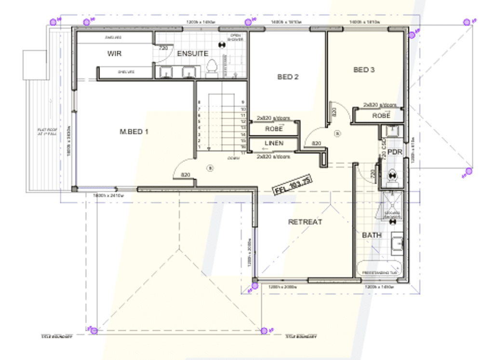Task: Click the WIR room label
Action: coord(115,53)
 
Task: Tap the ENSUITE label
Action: coord(192,53)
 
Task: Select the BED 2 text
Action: coord(288,77)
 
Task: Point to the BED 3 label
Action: coord(364,70)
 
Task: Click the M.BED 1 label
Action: coord(134,132)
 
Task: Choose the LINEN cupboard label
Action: coord(273,143)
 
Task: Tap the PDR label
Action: coord(395,152)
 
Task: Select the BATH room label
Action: coord(372,235)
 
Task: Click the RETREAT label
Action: coord(305,222)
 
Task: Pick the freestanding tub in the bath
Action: coord(378,269)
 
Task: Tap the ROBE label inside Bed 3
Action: coord(381,116)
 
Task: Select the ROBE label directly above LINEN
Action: coord(273,129)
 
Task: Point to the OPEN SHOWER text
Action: coord(236,38)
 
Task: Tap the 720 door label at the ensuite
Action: coord(164,48)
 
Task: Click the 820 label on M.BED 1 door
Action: coord(184,175)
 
